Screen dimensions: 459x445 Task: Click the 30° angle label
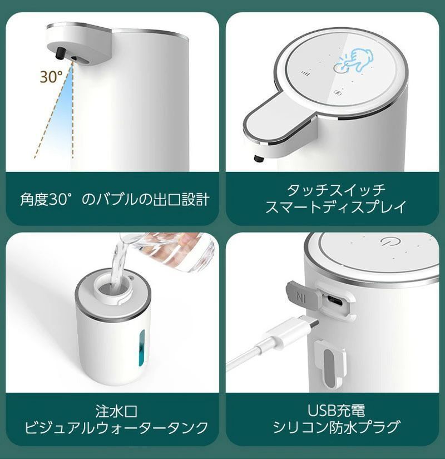(51, 76)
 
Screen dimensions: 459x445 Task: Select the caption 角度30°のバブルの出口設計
(115, 199)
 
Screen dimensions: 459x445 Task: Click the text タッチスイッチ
(335, 190)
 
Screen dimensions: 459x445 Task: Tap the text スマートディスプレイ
(335, 207)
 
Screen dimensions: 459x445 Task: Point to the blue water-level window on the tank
(140, 349)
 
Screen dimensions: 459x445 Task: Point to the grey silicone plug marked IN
(300, 294)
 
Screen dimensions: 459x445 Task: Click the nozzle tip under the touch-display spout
(258, 159)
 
